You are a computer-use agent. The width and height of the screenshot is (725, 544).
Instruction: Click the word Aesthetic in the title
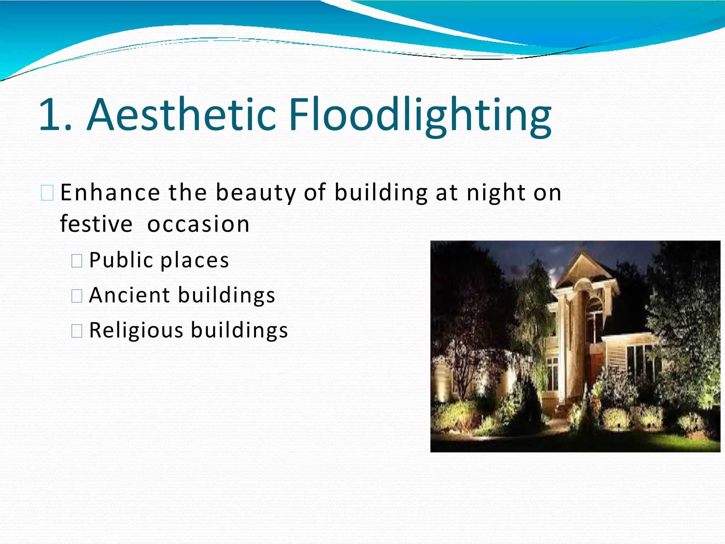point(181,115)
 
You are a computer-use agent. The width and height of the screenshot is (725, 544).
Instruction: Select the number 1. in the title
point(55,115)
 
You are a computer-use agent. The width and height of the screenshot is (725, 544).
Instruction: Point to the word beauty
point(256,193)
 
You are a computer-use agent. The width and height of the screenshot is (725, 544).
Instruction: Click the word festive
point(96,224)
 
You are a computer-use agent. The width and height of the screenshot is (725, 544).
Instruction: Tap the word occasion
point(198,224)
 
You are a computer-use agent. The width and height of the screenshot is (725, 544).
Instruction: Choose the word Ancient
point(129,295)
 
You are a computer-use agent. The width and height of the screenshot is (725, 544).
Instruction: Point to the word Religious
point(136,330)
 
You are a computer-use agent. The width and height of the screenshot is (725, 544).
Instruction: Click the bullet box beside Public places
point(77,261)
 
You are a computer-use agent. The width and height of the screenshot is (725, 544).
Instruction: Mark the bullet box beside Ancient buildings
point(77,296)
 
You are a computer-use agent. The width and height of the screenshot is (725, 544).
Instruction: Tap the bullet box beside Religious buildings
point(77,331)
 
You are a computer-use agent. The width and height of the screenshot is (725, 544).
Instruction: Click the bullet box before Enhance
point(47,193)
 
